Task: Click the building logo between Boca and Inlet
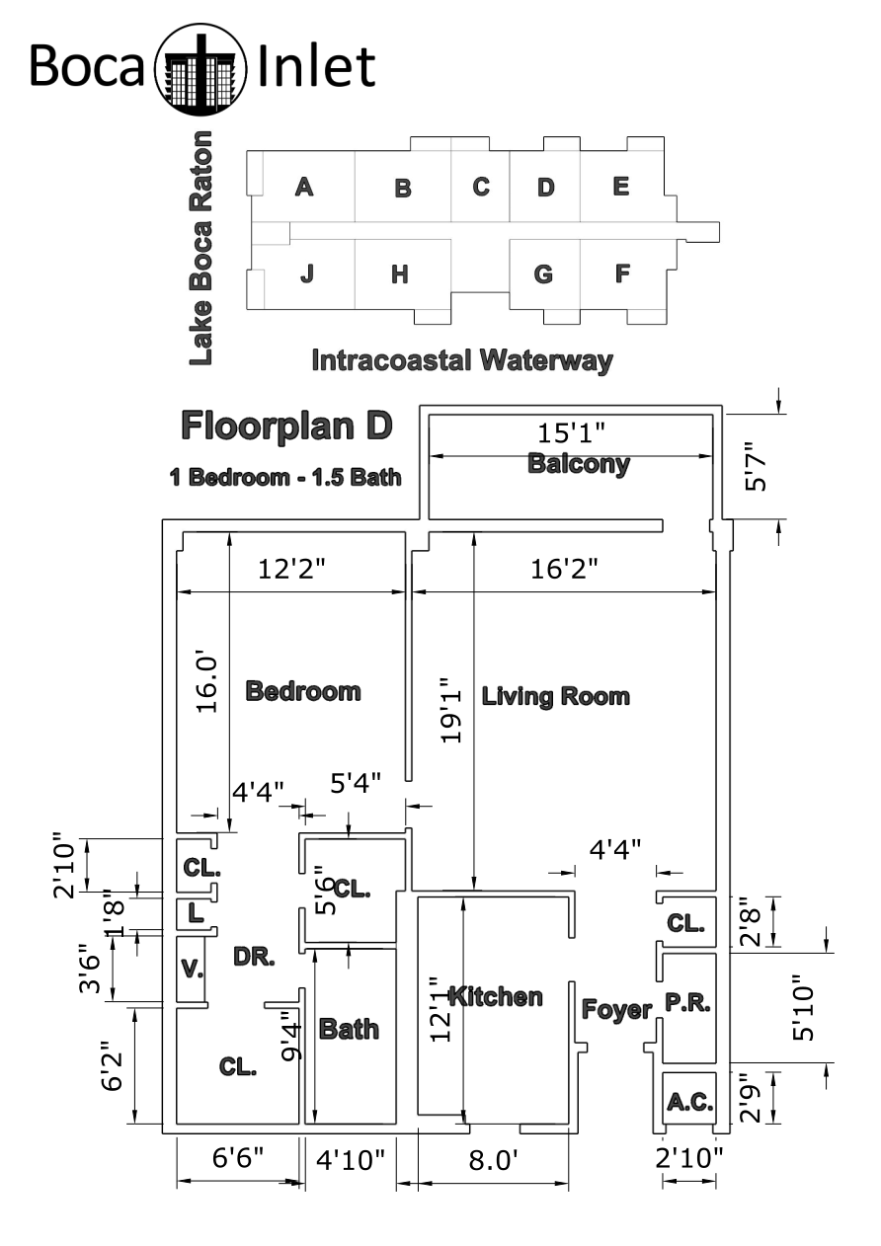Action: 200,69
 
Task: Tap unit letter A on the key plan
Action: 304,187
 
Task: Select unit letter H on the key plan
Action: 400,274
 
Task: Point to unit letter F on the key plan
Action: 622,273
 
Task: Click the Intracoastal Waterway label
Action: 462,360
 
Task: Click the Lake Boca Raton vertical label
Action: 200,248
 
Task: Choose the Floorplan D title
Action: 286,427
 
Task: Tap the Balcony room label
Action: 578,464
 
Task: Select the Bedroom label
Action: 303,691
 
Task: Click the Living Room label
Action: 555,696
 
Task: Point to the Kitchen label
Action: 496,997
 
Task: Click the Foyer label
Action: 616,1009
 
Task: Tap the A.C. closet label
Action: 690,1102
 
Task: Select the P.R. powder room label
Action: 687,1003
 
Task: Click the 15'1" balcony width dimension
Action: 571,432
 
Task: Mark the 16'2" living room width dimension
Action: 564,569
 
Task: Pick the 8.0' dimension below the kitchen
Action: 493,1160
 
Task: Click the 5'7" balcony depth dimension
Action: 756,467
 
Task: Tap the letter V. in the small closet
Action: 192,969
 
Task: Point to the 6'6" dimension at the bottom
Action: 238,1157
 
